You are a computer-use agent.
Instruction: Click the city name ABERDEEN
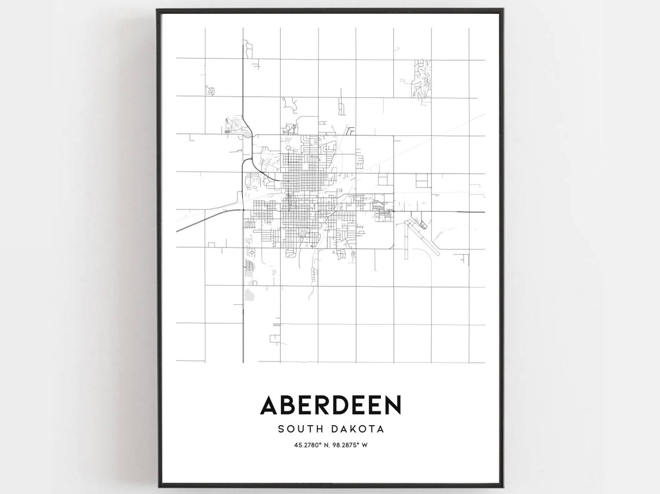(330, 405)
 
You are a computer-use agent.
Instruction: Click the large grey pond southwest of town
(250, 294)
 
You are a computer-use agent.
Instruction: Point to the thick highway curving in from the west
(203, 219)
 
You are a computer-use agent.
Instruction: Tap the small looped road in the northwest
(210, 91)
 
